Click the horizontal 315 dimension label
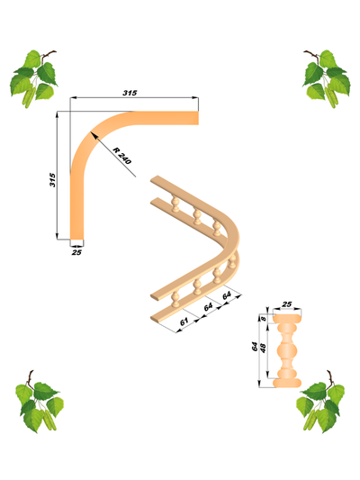tap(130, 93)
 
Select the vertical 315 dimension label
tap(52, 180)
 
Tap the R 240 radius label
tap(121, 156)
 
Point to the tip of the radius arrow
tap(91, 133)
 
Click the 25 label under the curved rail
tap(76, 252)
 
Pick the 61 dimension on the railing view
tap(184, 322)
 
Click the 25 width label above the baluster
tap(286, 304)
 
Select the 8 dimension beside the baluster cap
tap(264, 319)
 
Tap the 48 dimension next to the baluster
tap(263, 348)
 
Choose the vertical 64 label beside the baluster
tap(255, 347)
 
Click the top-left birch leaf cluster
tap(34, 79)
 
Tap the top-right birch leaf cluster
tap(327, 79)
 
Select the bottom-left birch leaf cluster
tap(40, 402)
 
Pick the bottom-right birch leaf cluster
tap(320, 402)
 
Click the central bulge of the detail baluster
tap(287, 350)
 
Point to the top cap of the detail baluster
tap(287, 319)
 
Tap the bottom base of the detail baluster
tap(287, 383)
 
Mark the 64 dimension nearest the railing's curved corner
tap(227, 295)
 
